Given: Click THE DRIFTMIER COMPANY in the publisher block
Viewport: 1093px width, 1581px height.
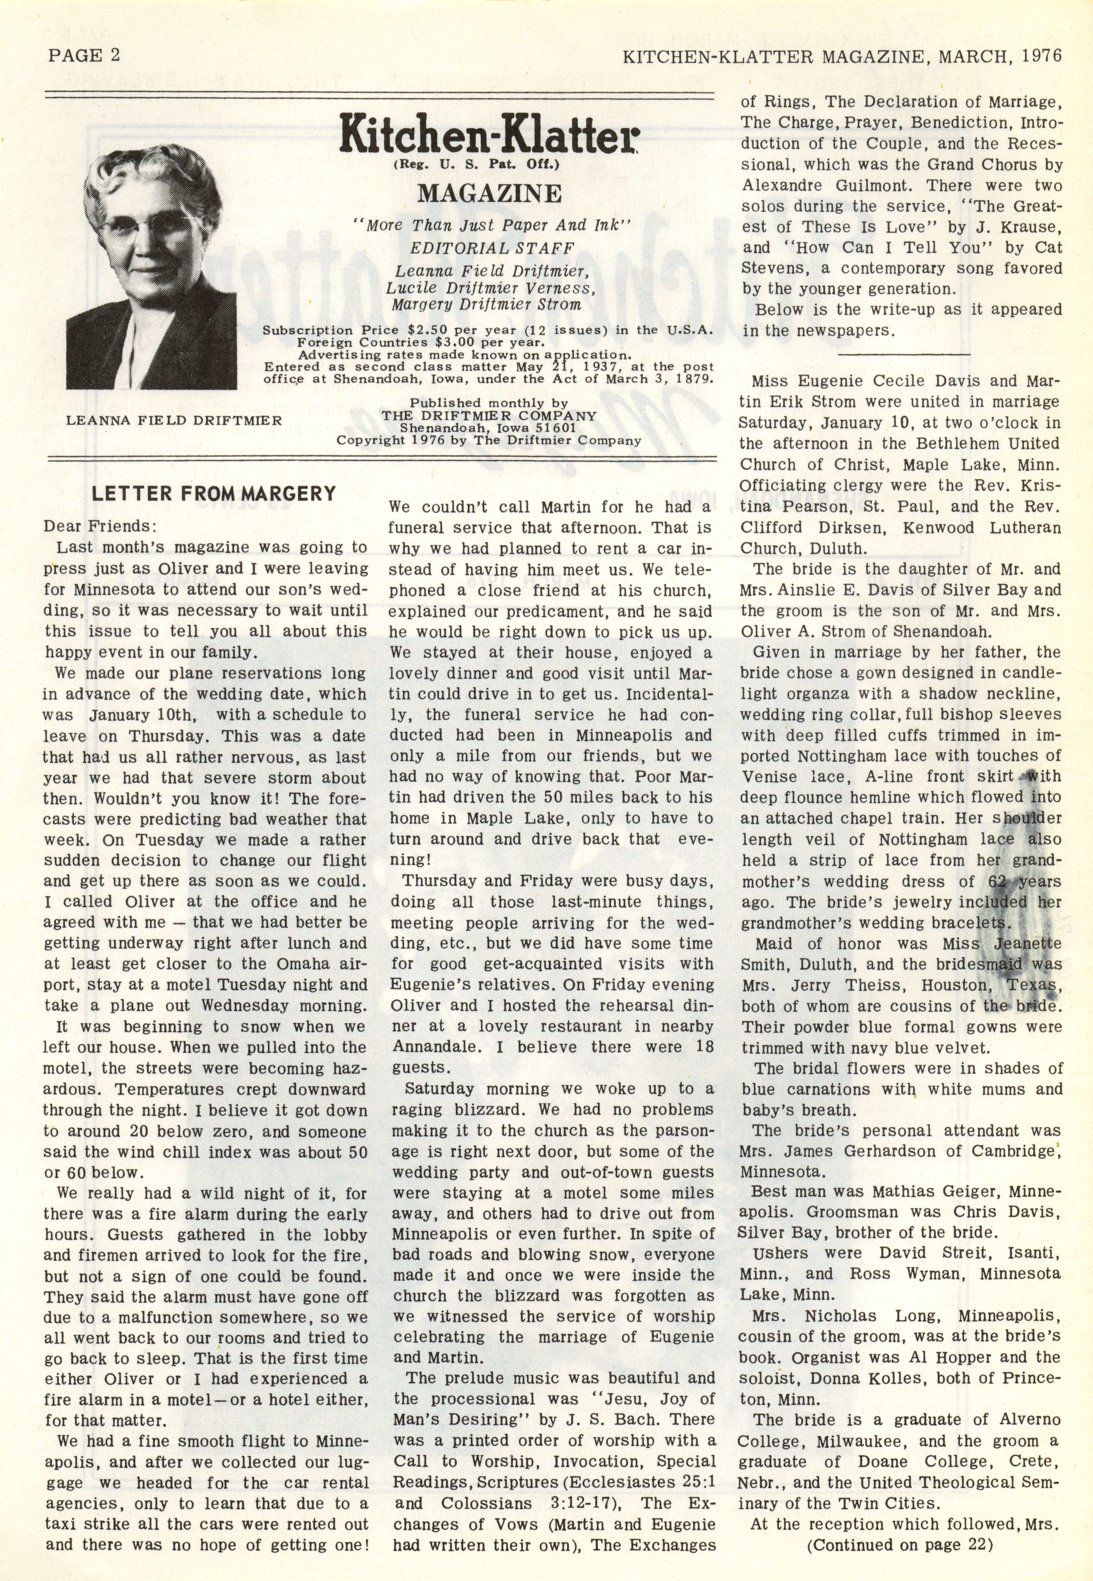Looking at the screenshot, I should (x=489, y=416).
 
